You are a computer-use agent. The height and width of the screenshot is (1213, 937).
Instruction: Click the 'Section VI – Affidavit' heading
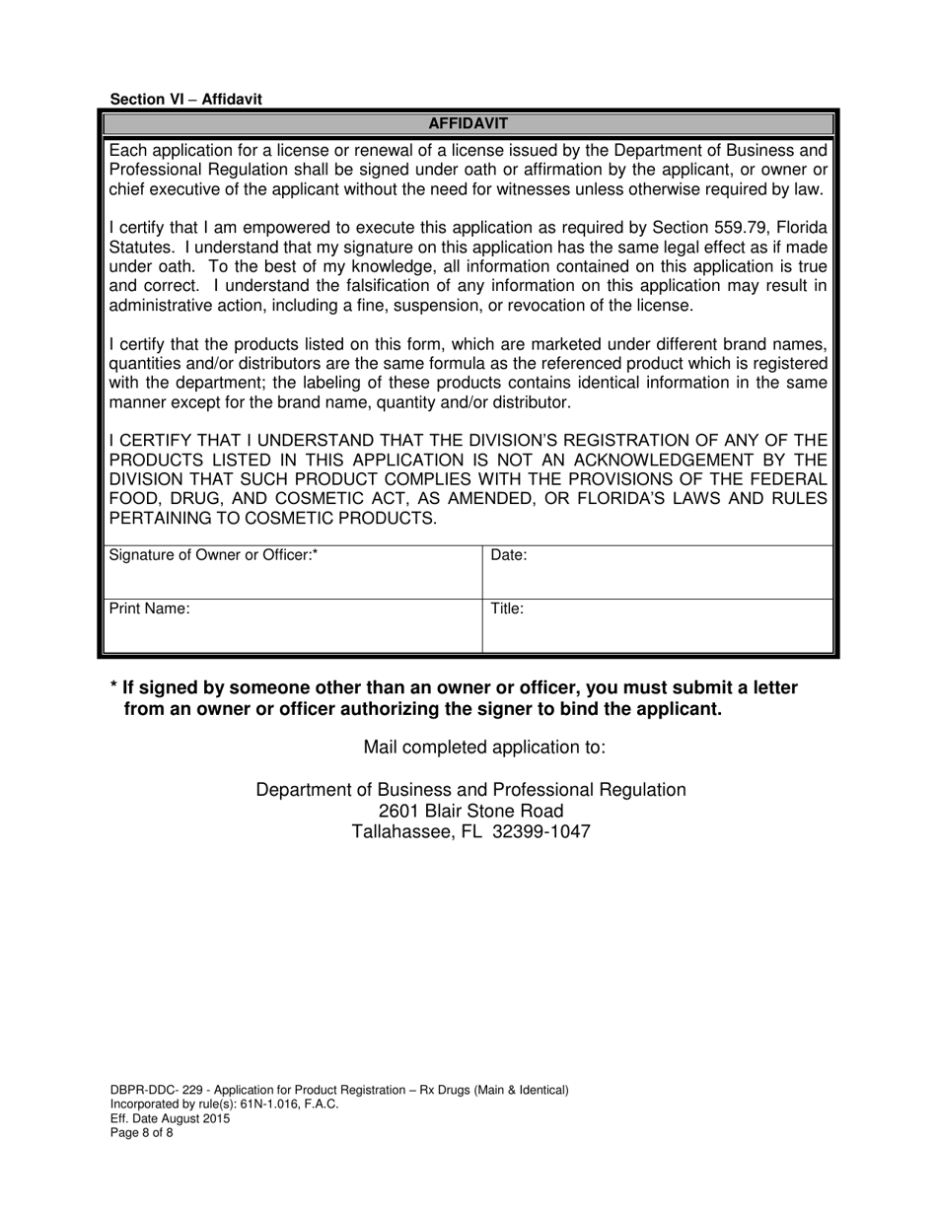[186, 100]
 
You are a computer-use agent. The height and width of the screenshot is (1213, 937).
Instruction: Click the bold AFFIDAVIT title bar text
[468, 123]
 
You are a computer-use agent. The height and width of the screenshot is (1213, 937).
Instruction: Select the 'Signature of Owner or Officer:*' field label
[213, 555]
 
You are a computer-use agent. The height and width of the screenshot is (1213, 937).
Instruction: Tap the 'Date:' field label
[509, 555]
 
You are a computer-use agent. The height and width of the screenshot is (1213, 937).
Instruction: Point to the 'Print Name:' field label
[149, 608]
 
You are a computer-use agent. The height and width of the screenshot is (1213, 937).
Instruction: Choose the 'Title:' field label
[507, 608]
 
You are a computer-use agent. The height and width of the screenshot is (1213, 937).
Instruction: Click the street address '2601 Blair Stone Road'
[471, 811]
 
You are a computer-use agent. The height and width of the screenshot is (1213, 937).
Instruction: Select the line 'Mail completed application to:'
[484, 747]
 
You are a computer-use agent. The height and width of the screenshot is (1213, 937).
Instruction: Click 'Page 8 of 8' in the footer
[141, 1133]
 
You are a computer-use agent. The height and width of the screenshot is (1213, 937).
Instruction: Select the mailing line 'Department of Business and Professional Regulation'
[471, 789]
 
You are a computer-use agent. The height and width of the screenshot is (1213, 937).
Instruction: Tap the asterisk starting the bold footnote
[114, 687]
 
